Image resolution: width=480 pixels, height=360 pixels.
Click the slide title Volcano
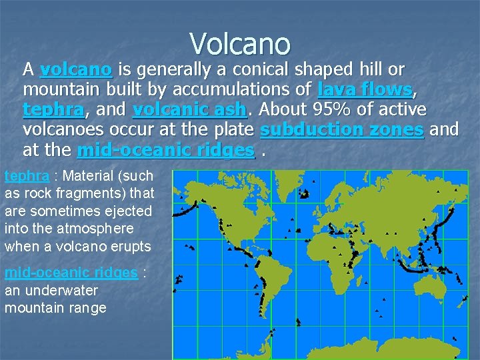(x=240, y=44)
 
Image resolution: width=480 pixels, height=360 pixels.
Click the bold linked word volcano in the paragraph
(x=76, y=70)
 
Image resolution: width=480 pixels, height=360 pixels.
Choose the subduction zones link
(x=342, y=130)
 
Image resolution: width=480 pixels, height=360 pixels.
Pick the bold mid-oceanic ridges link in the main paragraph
(x=166, y=151)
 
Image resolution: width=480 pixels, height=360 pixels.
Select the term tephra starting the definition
(x=27, y=177)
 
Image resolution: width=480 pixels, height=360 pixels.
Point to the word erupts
(x=133, y=246)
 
